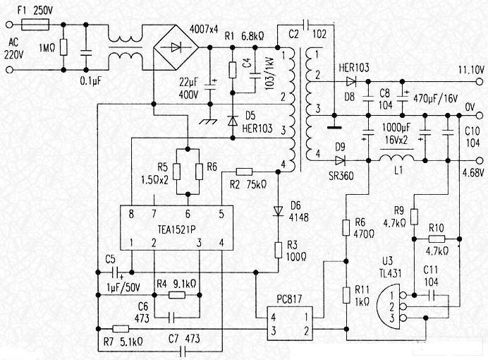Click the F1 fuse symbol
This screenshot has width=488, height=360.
point(35,23)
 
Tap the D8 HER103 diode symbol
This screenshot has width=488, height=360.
point(351,80)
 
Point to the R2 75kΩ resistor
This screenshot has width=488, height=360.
point(244,171)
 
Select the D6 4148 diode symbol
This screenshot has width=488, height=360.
point(279,209)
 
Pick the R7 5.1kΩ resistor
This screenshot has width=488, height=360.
point(121,329)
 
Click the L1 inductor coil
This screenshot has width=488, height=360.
point(399,158)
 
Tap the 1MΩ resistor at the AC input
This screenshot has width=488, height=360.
point(63,47)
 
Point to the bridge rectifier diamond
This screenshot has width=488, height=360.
point(174,47)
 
